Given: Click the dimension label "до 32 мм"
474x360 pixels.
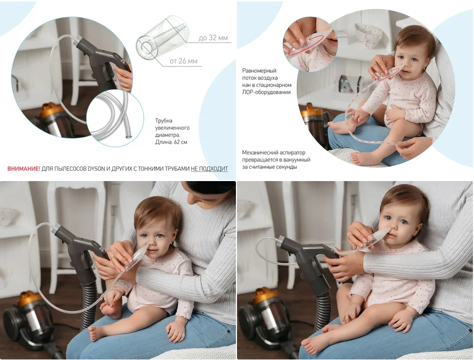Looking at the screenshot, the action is pos(213,38).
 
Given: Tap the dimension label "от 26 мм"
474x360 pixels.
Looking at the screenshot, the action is pos(184,61).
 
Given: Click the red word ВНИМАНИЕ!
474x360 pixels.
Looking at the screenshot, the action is pos(24,169).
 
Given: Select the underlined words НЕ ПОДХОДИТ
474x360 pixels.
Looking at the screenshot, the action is pos(209,169).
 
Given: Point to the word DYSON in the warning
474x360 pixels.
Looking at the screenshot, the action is pos(96,169).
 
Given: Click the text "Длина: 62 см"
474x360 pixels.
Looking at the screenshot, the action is pos(171,142).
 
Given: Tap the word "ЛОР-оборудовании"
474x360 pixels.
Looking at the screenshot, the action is pos(266,92).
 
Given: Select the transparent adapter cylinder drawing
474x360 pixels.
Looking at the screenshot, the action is pos(163,38).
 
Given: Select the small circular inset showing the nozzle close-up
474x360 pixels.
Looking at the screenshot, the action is pos(310,45).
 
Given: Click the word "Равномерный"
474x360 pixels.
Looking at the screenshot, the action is pos(260,71).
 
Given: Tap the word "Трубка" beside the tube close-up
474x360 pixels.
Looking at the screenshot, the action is pos(164,120).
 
